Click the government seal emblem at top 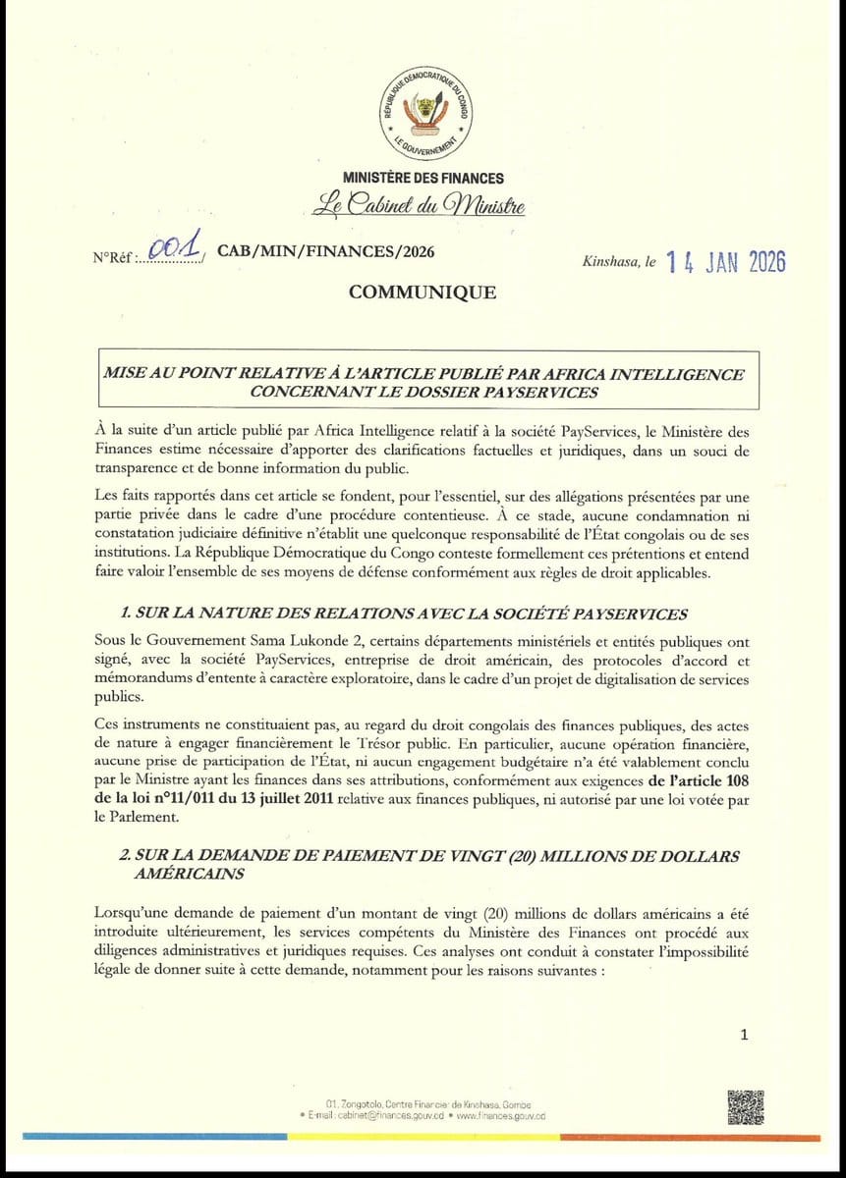[423, 114]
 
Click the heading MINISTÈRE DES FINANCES [423, 179]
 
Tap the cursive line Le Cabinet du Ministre [418, 206]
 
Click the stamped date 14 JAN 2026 [725, 262]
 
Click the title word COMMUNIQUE [422, 293]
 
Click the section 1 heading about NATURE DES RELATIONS [403, 615]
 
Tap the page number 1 [744, 1034]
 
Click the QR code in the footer [746, 1106]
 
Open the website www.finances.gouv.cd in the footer [500, 1116]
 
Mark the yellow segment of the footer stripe [423, 1137]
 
